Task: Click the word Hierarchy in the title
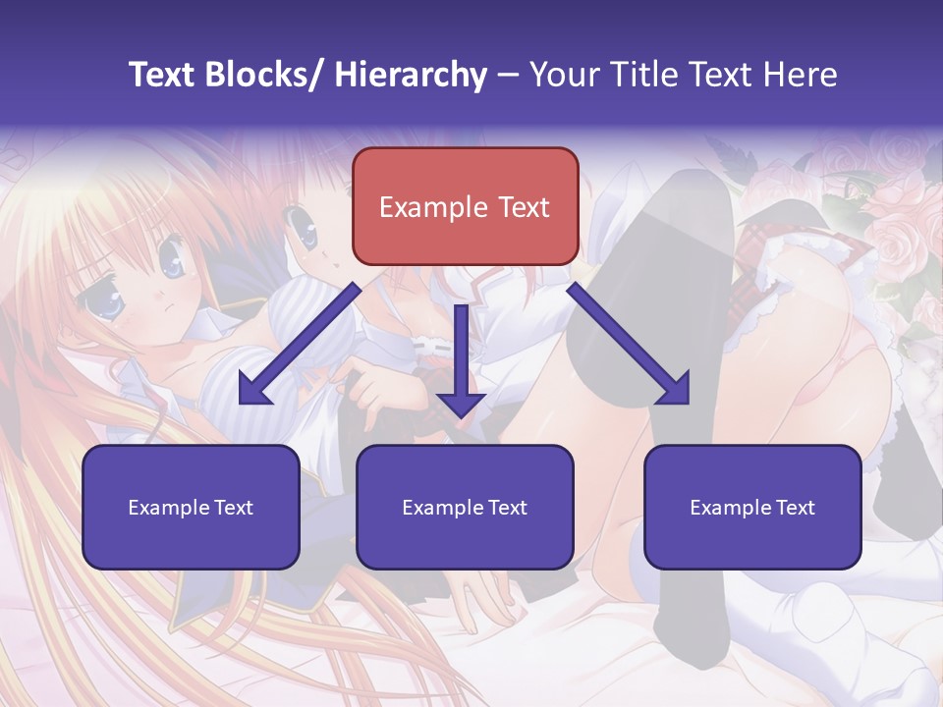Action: [411, 75]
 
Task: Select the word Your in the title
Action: [564, 75]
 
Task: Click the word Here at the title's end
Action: [800, 75]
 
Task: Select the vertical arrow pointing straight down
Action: [461, 363]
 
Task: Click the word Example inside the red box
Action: [433, 207]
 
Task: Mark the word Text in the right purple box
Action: [796, 508]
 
